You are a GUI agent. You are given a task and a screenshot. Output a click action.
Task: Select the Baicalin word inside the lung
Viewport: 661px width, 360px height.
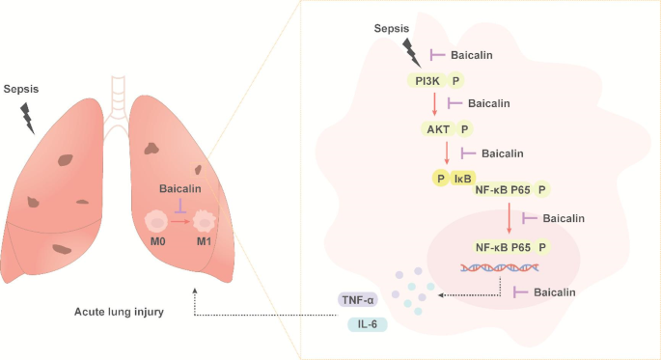[179, 189]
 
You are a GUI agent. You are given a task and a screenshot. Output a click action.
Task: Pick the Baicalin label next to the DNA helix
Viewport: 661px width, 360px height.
[555, 291]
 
